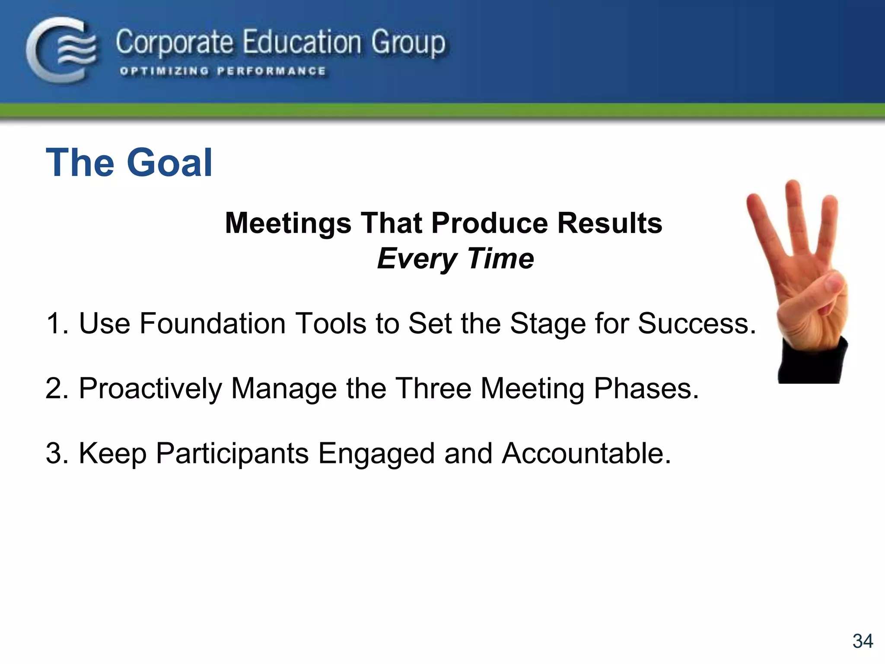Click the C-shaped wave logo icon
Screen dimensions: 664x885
(60, 50)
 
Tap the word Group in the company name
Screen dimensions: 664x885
(408, 43)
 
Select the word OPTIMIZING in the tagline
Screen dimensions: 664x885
(164, 71)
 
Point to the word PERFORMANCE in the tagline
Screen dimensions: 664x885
(271, 71)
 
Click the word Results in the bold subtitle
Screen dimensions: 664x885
(610, 223)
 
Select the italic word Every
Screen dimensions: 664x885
(417, 259)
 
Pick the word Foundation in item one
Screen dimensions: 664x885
(212, 323)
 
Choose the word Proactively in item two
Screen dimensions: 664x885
(150, 389)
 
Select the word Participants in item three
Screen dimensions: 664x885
(232, 453)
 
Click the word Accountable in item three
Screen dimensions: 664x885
(586, 453)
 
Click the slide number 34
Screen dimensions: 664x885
(863, 641)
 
